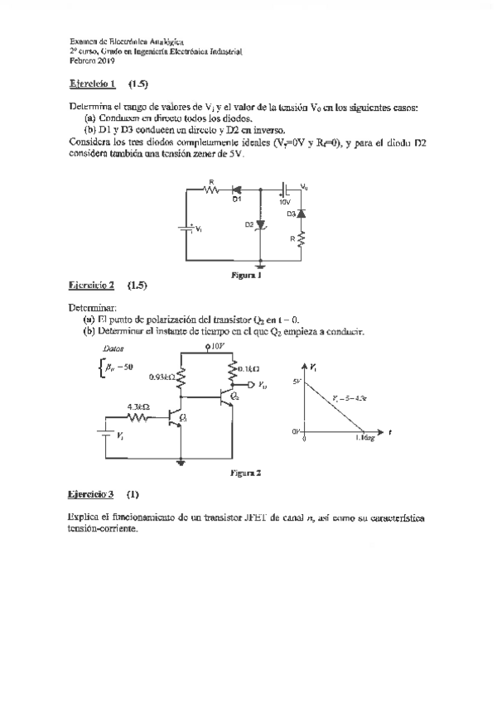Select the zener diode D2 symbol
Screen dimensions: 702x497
coord(261,224)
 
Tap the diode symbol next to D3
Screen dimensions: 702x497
coord(302,215)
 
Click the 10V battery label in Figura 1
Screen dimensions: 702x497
coord(284,201)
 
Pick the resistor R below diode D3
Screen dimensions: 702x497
coord(302,241)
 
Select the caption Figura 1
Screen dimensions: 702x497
coord(246,276)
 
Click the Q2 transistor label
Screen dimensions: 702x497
coord(234,397)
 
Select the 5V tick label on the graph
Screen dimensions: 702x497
coord(297,380)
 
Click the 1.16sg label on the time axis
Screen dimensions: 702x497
coord(364,439)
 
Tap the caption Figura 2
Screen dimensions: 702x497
coord(246,474)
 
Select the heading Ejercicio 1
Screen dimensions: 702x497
coord(90,84)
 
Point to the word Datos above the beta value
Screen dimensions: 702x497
coord(112,350)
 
